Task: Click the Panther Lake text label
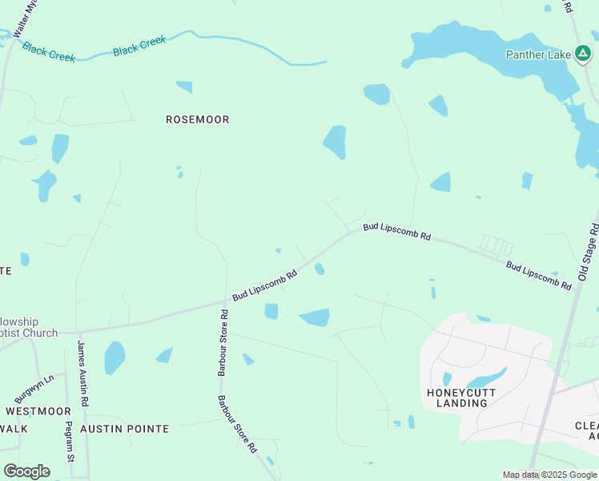tap(537, 55)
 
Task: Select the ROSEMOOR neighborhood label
tap(197, 119)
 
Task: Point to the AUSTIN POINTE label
tap(124, 429)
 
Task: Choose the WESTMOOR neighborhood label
tap(38, 410)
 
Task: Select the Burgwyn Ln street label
tap(34, 387)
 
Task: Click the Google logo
tap(26, 471)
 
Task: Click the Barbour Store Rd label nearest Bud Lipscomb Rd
tap(222, 345)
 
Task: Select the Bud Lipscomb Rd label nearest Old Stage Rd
tap(538, 275)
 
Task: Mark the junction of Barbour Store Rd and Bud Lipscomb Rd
tap(223, 305)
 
